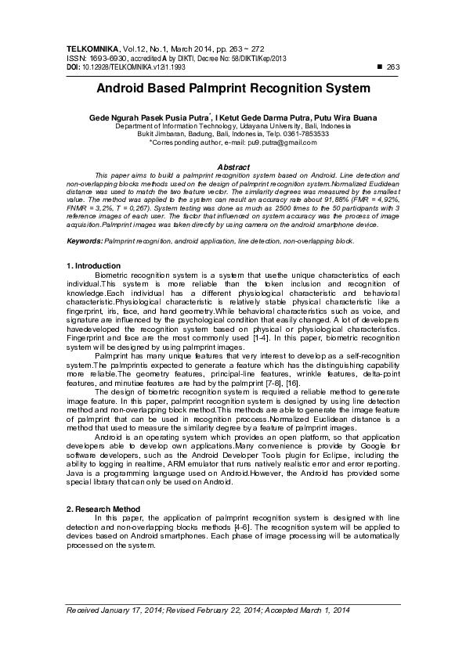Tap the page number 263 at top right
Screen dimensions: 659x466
[393, 67]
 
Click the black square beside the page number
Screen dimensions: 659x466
[380, 67]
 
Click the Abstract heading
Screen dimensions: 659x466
[233, 167]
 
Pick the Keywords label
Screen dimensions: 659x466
[84, 241]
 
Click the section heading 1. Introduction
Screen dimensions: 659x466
[92, 267]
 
